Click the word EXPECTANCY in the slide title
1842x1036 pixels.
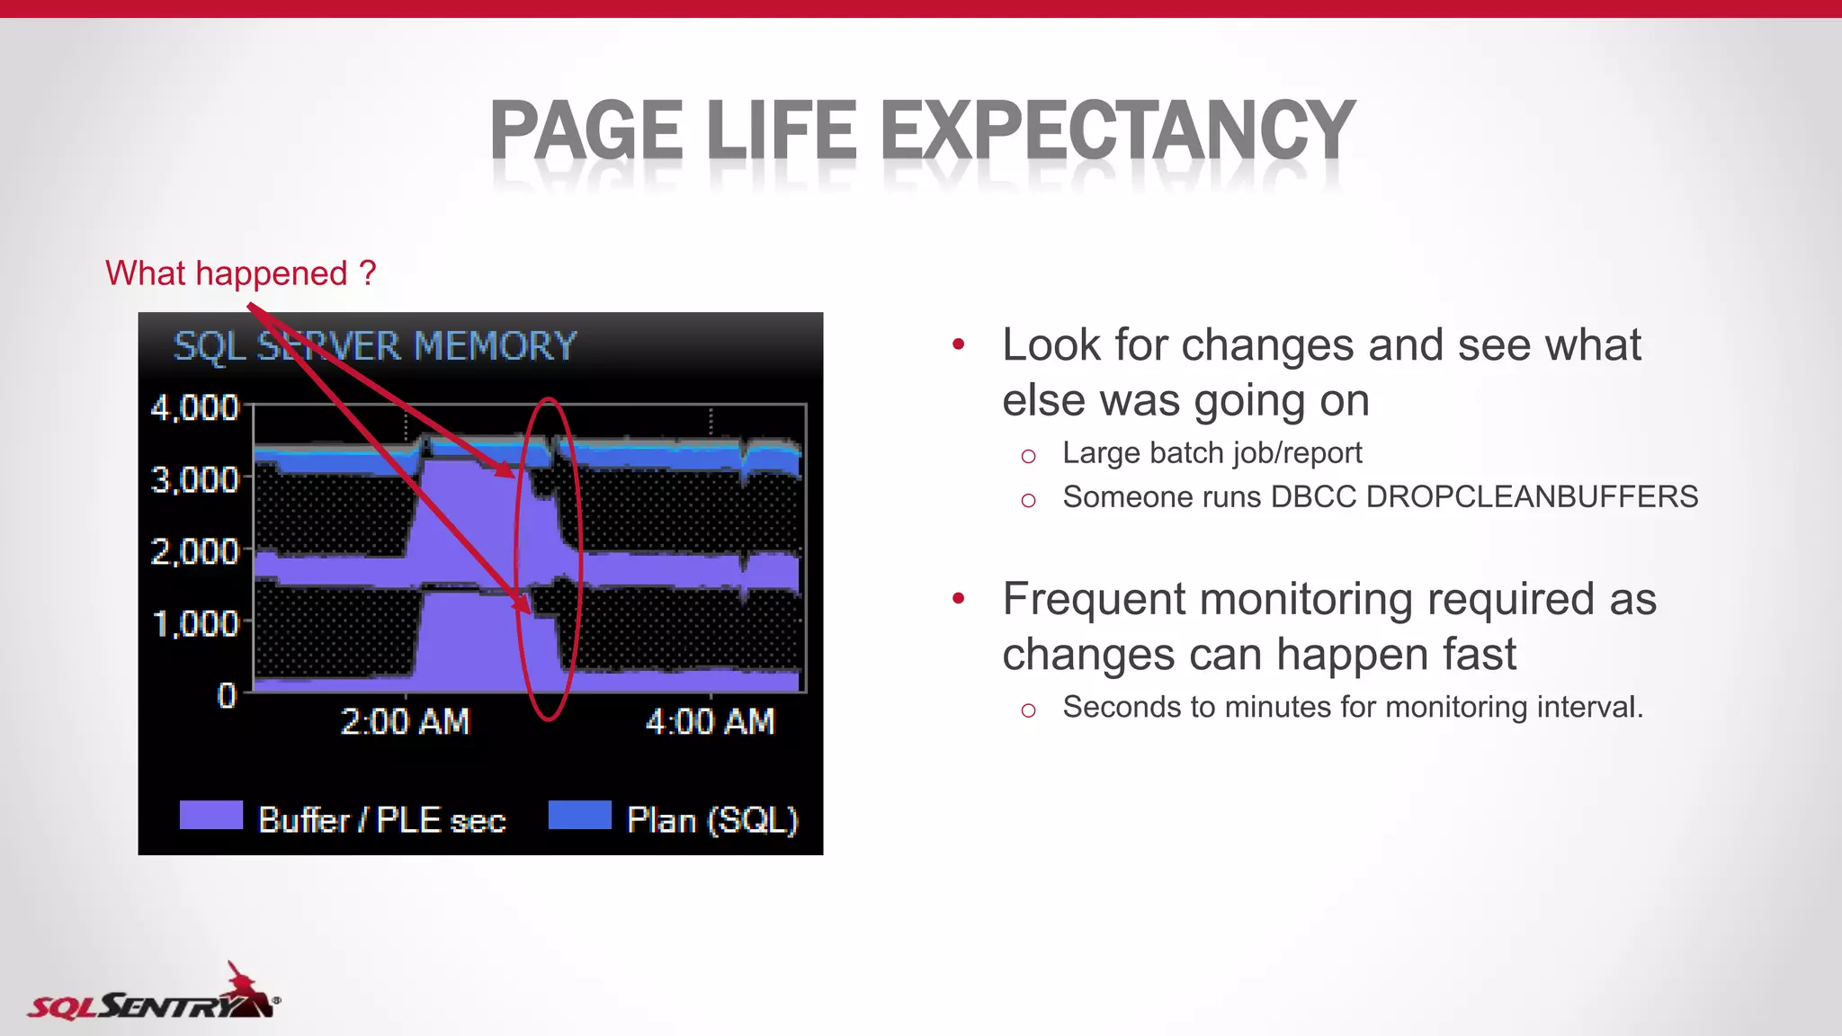click(1117, 130)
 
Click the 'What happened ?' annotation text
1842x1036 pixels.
click(240, 272)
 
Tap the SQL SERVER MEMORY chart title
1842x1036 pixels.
click(374, 346)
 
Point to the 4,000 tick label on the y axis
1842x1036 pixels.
click(194, 407)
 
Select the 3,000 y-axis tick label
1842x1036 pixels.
click(194, 479)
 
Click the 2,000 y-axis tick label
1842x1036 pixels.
click(194, 551)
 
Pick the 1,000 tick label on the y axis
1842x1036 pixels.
click(194, 623)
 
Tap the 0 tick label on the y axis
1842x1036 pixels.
click(227, 695)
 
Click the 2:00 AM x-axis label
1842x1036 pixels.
click(405, 721)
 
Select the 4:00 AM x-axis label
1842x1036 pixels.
click(710, 721)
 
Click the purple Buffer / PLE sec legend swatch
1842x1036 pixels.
click(211, 815)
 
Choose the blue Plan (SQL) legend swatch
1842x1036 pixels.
click(579, 815)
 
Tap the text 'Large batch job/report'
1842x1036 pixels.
click(1212, 452)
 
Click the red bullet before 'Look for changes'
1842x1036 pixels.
click(959, 344)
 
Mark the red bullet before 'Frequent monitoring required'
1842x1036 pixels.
click(959, 598)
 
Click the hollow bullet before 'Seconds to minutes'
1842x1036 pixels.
click(1029, 710)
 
